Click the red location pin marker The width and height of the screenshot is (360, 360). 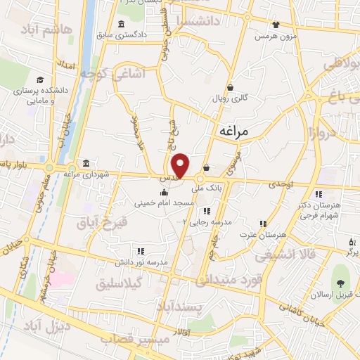tap(181, 165)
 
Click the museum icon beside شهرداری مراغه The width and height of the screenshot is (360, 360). tap(86, 164)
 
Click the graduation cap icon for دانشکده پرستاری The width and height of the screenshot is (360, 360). tap(41, 80)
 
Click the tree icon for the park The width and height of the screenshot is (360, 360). tap(341, 284)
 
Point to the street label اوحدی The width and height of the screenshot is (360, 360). tap(281, 184)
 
